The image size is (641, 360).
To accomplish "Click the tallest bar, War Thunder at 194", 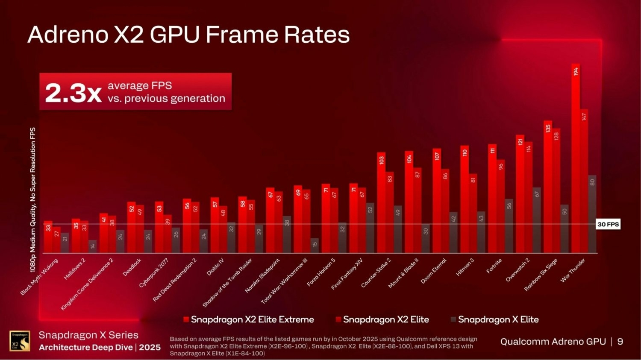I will [576, 158].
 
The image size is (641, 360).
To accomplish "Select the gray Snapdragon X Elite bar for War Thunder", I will [592, 214].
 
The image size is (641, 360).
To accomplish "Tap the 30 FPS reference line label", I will [608, 224].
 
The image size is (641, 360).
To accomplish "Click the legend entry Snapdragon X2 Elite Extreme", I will [252, 319].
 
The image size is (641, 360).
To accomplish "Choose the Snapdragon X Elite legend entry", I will [498, 319].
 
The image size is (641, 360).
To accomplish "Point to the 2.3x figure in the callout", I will [73, 93].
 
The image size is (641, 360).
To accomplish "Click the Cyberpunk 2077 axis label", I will [154, 272].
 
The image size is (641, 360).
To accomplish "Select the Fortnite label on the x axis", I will [494, 266].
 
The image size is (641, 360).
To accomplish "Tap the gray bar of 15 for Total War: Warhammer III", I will [315, 246].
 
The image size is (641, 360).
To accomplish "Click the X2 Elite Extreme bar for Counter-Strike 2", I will [381, 202].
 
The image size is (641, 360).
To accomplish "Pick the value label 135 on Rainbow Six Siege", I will [548, 128].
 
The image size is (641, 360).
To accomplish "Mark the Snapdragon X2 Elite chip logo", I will [20, 341].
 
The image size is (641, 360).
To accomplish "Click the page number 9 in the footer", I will [620, 342].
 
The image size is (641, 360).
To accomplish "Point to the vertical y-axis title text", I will [33, 199].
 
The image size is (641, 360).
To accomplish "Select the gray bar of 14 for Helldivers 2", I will [93, 246].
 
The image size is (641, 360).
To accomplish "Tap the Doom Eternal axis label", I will [434, 271].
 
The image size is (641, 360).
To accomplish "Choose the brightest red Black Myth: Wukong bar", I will [48, 237].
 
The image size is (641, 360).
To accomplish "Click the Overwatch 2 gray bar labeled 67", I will [537, 220].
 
